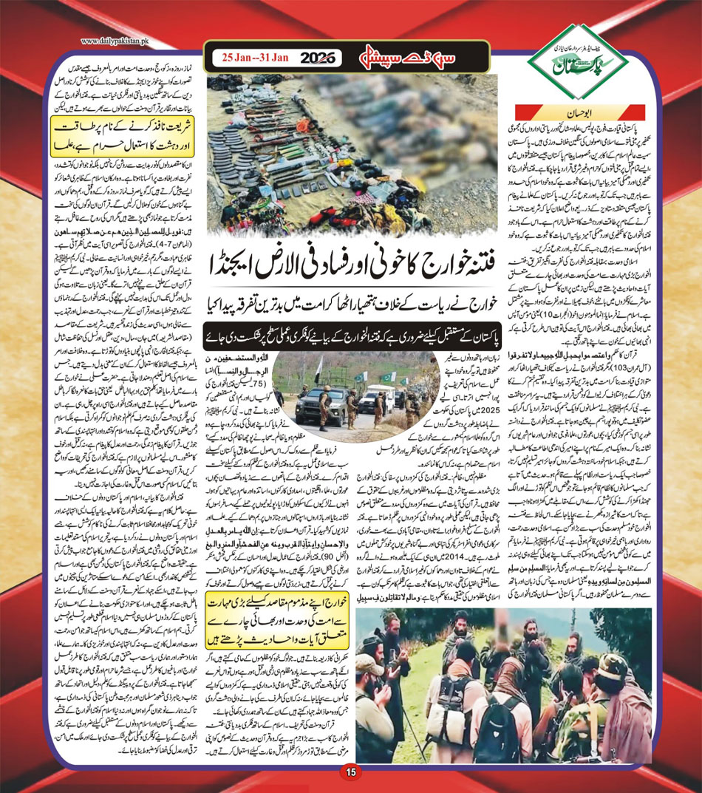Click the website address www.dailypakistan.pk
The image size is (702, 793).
click(x=118, y=42)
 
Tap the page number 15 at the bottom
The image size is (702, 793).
click(x=351, y=772)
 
